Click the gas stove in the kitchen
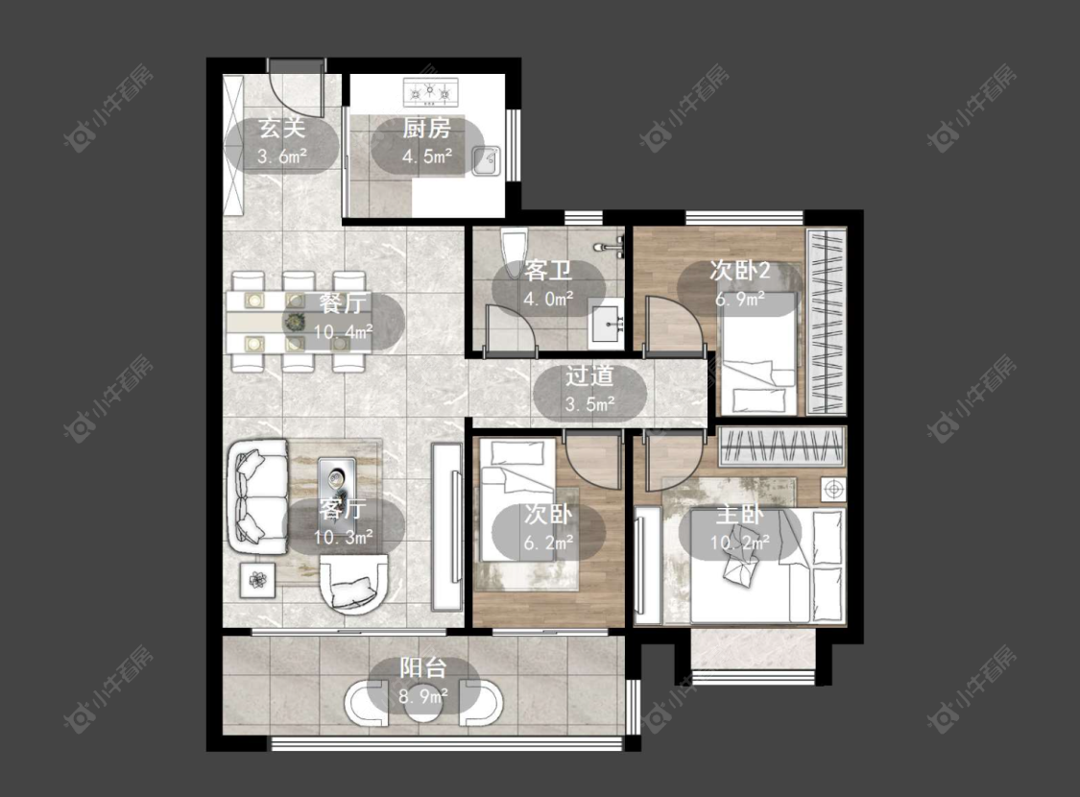click(x=430, y=92)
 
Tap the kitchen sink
click(x=487, y=160)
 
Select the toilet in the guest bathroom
click(x=514, y=253)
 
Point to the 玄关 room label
click(x=281, y=128)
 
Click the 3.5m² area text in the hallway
click(x=589, y=404)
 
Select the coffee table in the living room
click(x=337, y=481)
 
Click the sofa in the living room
click(x=257, y=496)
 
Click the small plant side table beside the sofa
click(x=257, y=580)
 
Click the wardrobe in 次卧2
click(x=826, y=322)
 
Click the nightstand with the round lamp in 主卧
click(x=833, y=489)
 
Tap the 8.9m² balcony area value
click(x=423, y=696)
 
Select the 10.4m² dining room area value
click(x=344, y=332)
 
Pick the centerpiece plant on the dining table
click(x=296, y=321)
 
